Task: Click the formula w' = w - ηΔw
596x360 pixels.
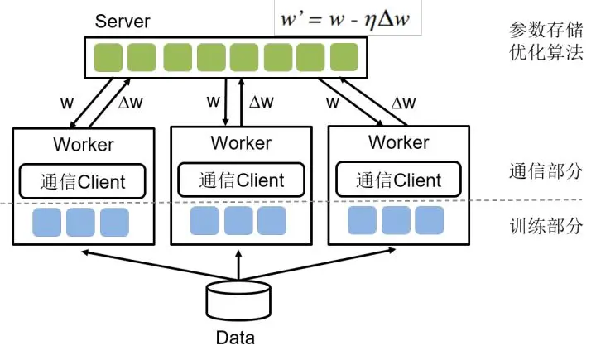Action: click(347, 19)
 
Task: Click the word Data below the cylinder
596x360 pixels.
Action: click(235, 338)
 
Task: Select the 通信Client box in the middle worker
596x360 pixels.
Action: click(241, 180)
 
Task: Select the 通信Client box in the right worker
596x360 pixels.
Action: click(399, 180)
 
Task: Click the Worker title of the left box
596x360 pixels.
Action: click(84, 145)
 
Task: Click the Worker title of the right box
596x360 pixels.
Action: click(399, 142)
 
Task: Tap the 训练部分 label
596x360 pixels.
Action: click(546, 226)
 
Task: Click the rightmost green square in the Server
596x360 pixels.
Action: click(343, 57)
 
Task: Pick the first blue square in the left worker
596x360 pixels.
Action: click(46, 223)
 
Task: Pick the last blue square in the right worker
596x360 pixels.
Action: click(430, 220)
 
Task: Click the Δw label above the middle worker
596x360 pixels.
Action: click(261, 103)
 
